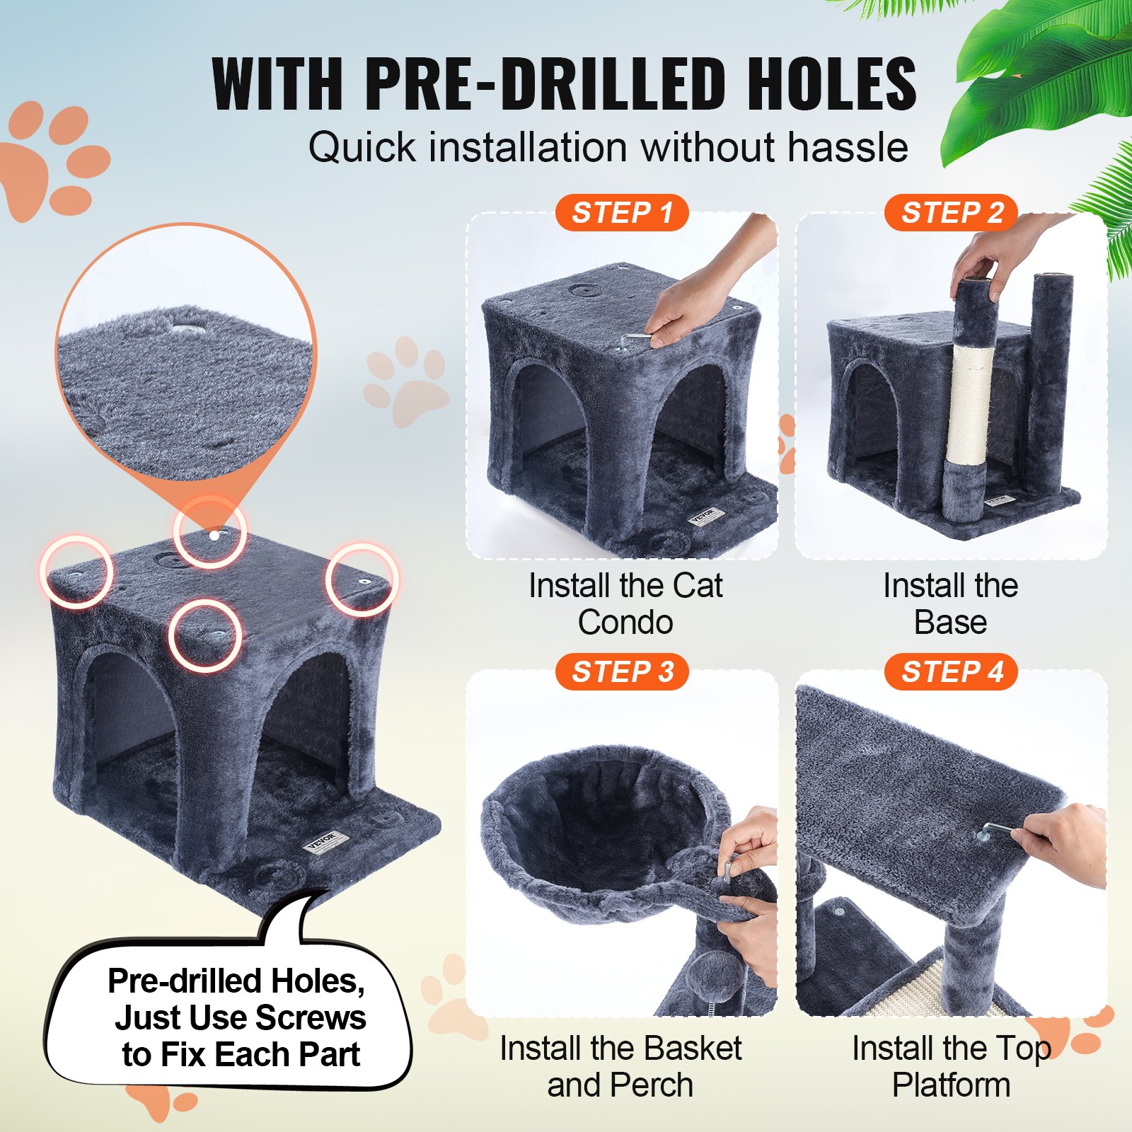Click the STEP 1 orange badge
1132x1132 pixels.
point(621,212)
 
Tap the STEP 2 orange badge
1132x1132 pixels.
point(951,212)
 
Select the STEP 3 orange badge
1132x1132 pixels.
point(621,671)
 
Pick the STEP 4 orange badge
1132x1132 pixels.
point(951,671)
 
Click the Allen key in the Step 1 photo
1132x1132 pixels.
point(635,341)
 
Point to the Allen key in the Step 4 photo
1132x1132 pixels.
point(999,830)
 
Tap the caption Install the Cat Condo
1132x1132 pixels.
point(625,603)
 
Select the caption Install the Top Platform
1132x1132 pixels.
point(951,1066)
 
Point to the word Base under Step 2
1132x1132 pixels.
point(950,623)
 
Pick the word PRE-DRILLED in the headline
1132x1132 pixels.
point(545,85)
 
